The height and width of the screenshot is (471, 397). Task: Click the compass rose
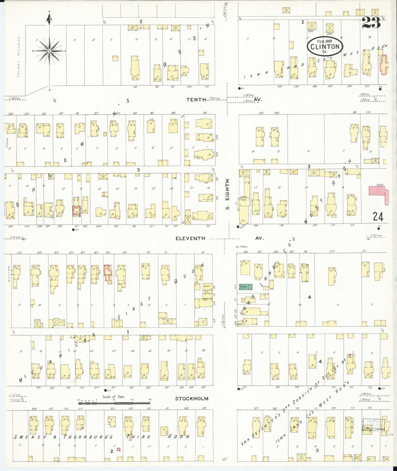point(49,51)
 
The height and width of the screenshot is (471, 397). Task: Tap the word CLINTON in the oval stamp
point(325,47)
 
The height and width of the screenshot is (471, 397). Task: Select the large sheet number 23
point(371,23)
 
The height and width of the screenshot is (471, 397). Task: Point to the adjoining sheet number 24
point(378,217)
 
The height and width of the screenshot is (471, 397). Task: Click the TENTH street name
point(196,100)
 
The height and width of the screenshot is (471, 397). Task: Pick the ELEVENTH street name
point(190,238)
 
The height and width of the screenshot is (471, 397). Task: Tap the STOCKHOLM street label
point(192,398)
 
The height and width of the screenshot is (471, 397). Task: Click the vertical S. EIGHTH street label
point(227,194)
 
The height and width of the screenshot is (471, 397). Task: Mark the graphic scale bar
point(114,403)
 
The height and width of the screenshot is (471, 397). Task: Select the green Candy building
point(246,287)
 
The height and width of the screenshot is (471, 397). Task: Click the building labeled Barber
point(207,286)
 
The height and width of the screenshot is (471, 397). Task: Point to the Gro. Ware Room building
point(207,293)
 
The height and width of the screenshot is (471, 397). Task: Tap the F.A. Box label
point(242,247)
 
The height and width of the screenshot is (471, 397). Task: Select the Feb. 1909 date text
point(325,41)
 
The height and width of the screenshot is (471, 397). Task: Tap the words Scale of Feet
point(113,397)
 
